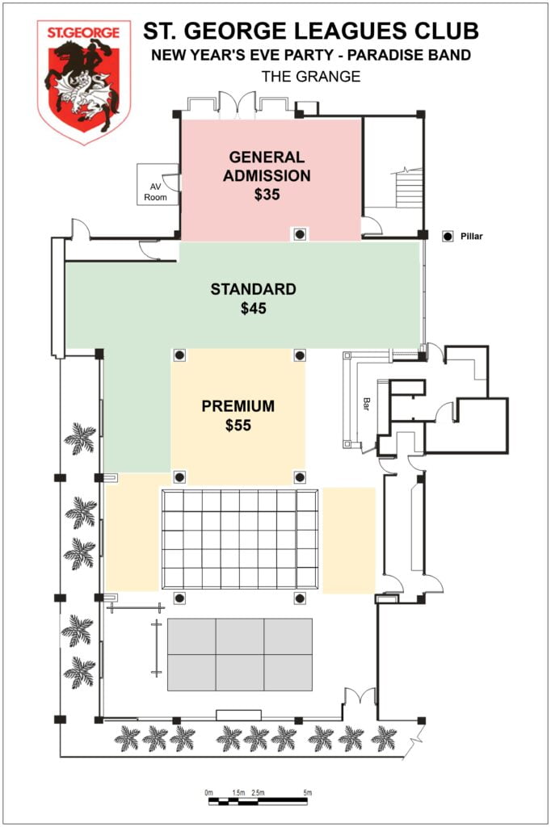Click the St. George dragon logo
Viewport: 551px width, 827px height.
(x=84, y=82)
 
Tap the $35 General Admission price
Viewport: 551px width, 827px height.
(x=267, y=194)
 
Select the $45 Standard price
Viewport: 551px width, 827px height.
(x=254, y=308)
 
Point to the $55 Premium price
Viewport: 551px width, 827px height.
(x=238, y=425)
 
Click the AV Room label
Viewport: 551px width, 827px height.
(x=155, y=192)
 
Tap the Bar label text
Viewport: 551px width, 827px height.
(x=366, y=404)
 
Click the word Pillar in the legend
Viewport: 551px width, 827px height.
(x=471, y=237)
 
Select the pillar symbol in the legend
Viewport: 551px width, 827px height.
(x=448, y=237)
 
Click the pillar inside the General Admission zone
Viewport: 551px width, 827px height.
(x=300, y=233)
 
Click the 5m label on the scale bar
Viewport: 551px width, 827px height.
(x=308, y=793)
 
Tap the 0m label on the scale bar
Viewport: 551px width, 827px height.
(x=209, y=793)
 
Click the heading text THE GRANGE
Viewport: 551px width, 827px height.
(x=311, y=77)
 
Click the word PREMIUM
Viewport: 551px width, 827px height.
(x=238, y=406)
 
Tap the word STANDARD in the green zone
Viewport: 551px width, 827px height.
(x=254, y=289)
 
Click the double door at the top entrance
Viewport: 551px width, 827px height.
(x=238, y=104)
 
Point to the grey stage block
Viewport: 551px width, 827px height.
(x=240, y=654)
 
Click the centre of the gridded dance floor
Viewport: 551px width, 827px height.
(x=240, y=539)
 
